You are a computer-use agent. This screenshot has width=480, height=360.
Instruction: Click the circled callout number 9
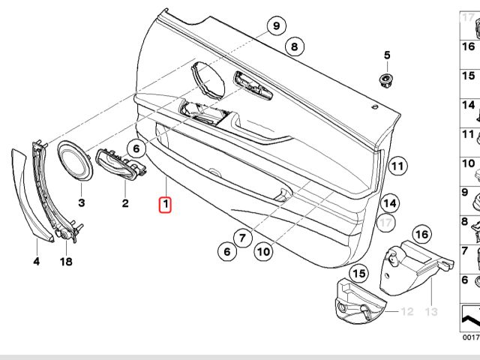tap(276, 27)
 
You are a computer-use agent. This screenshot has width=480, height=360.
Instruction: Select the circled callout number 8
tap(294, 47)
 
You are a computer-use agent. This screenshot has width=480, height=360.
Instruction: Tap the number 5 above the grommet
tap(388, 55)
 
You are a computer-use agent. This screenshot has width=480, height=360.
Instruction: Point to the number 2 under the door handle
tap(125, 203)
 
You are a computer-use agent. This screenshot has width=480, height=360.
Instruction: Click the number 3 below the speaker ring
tap(82, 203)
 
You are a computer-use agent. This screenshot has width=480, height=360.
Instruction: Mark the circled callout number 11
tap(397, 166)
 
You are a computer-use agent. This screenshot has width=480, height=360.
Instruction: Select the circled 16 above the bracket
tap(422, 235)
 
